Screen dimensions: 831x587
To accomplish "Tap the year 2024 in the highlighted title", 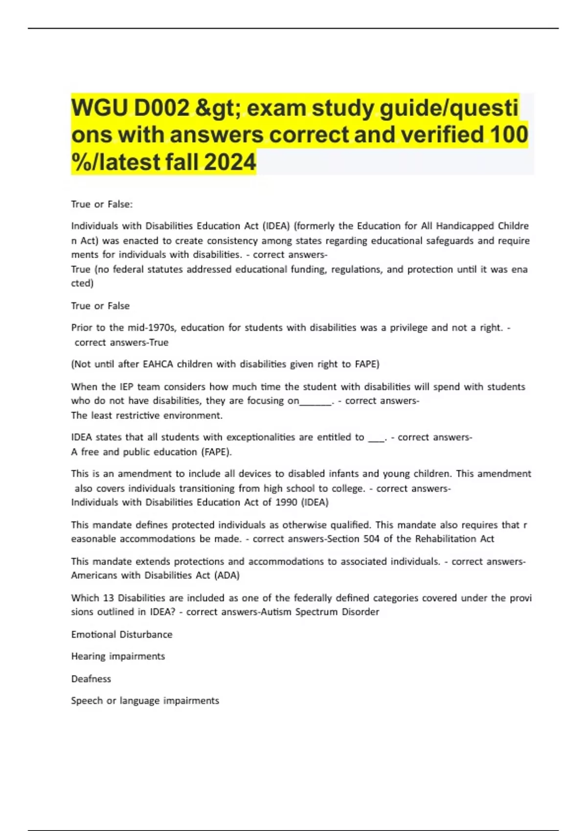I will pos(230,162).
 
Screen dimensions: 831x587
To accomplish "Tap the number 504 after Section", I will pos(371,539).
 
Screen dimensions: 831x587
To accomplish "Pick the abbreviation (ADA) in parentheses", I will pos(227,575).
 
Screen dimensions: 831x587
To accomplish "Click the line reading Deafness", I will pos(91,679).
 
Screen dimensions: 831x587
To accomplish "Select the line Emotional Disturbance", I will pos(122,634).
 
